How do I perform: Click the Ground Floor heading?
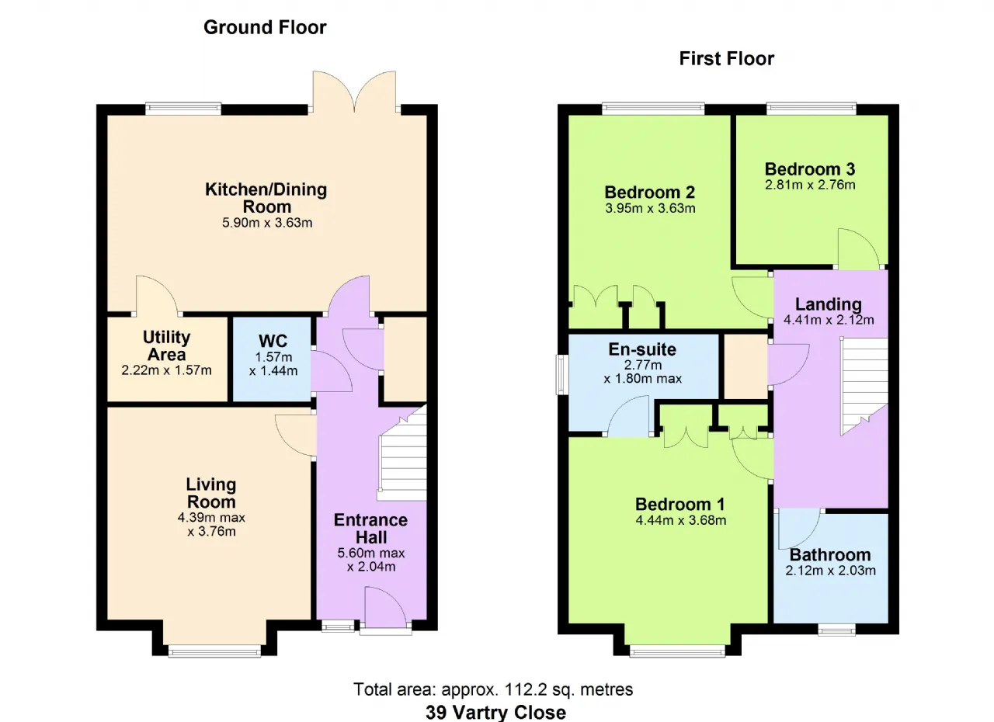pos(265,27)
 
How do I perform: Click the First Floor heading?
pos(726,58)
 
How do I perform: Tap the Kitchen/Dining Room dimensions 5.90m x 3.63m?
pos(267,223)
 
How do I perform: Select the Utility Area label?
pos(166,346)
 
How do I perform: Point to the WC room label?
pos(273,341)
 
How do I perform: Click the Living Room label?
pos(211,493)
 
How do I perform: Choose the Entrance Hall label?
pos(371,529)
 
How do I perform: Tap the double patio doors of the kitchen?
pos(355,91)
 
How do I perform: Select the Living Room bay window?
pos(215,651)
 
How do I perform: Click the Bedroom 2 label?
pos(650,193)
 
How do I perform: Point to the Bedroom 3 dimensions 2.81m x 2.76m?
pos(810,185)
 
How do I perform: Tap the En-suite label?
pos(642,349)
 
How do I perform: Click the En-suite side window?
pos(562,375)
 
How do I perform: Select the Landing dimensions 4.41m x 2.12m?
pos(829,320)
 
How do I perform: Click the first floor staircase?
pos(864,386)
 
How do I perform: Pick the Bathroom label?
pos(830,555)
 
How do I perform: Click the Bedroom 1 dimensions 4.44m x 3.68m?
pos(681,520)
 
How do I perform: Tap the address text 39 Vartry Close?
pos(495,713)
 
